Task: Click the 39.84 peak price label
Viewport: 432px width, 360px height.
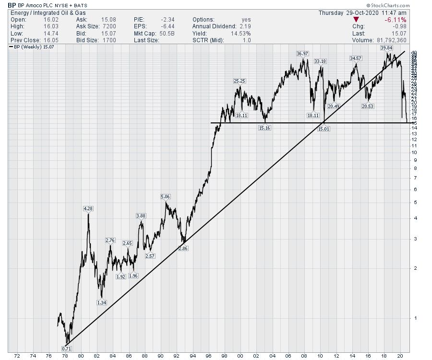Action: [386, 48]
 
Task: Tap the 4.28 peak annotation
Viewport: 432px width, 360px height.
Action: [88, 208]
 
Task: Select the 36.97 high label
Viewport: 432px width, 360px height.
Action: [302, 53]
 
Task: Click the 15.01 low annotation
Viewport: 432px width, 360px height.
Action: [324, 129]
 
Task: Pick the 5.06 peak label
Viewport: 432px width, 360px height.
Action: [165, 197]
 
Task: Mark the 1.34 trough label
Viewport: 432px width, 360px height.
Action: [101, 302]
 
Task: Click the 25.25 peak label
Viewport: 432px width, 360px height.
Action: [239, 81]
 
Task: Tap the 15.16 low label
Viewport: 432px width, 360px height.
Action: [264, 128]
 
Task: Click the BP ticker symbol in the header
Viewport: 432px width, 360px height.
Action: [12, 6]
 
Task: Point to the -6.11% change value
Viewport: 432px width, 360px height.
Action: [396, 20]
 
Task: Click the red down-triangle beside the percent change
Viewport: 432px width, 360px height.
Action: [356, 20]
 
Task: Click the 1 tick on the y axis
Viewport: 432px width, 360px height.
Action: [414, 318]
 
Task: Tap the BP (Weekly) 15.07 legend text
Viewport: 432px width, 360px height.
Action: [32, 47]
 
